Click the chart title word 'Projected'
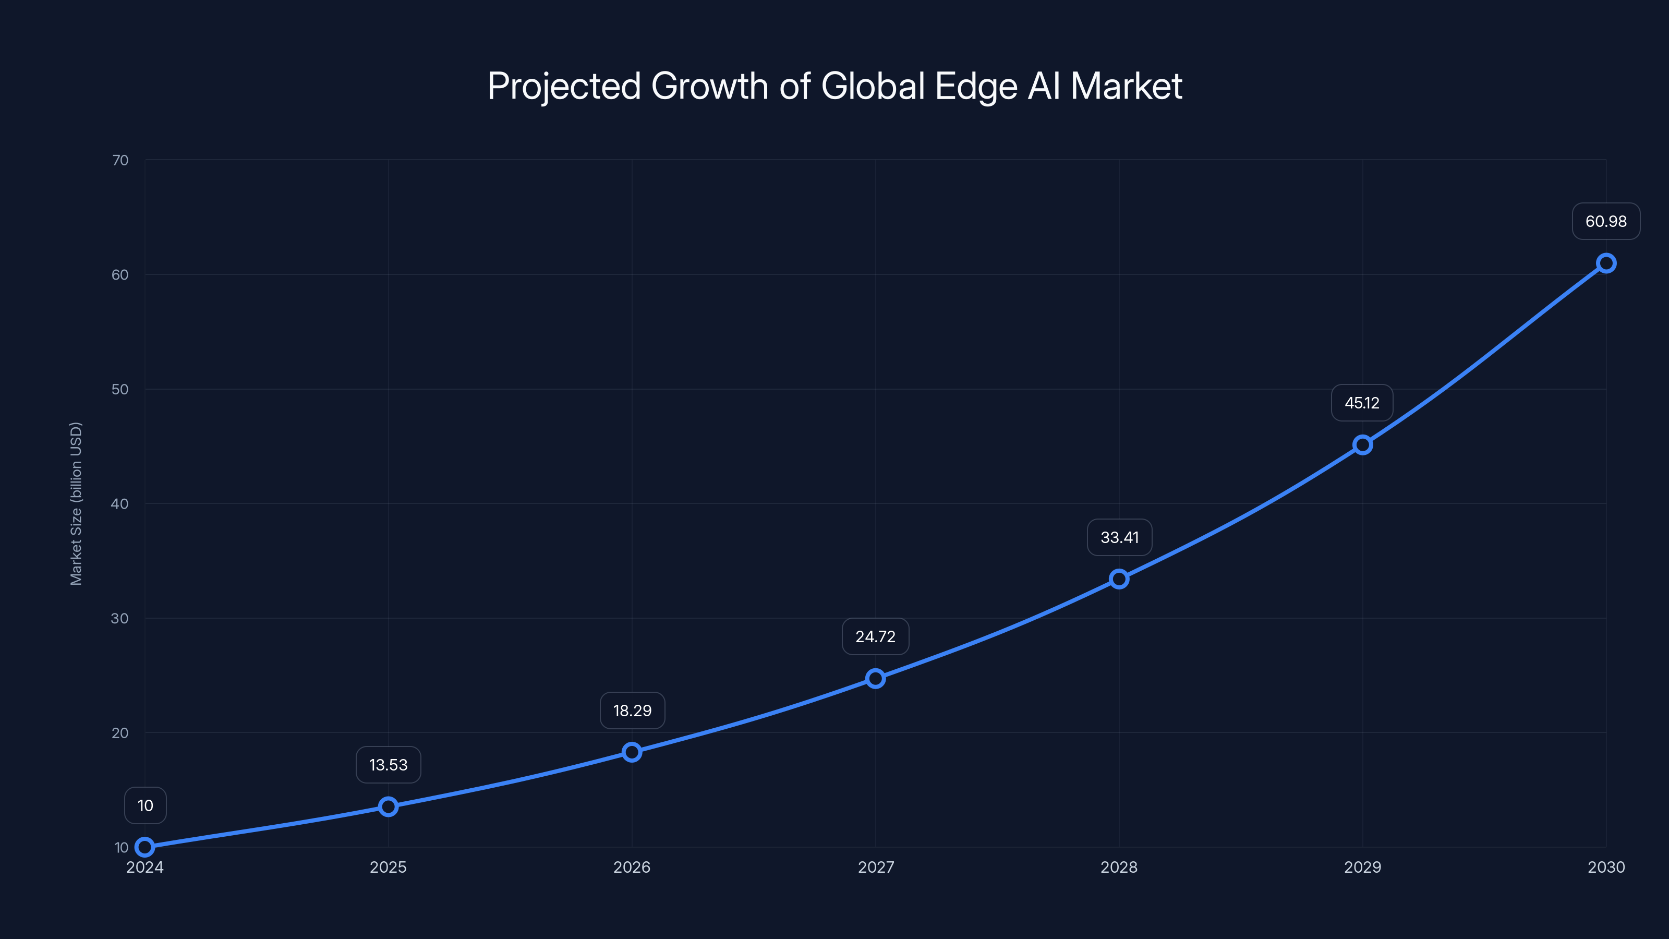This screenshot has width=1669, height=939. pos(564,86)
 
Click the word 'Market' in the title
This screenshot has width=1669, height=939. pos(1126,86)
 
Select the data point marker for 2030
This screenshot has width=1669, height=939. pos(1605,263)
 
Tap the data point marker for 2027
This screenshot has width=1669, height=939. pos(875,679)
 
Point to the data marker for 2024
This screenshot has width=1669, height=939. pos(145,847)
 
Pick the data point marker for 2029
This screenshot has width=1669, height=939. pos(1362,444)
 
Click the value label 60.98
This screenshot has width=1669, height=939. pos(1605,222)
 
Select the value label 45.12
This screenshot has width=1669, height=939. pos(1362,403)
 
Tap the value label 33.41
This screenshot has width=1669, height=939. pos(1119,538)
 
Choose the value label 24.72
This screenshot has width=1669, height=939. pos(875,637)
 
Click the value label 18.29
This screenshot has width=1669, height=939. pos(632,711)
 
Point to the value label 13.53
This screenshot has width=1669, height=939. pos(388,765)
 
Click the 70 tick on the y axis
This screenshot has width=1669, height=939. pos(120,160)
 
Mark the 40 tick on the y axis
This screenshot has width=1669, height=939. pos(120,503)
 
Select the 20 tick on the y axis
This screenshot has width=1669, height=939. pos(120,733)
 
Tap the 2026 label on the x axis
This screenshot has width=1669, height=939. pos(632,867)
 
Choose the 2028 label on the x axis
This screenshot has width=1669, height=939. pos(1119,867)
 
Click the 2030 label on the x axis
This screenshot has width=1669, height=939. pos(1605,867)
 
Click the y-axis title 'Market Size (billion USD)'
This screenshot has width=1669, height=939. pos(77,503)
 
